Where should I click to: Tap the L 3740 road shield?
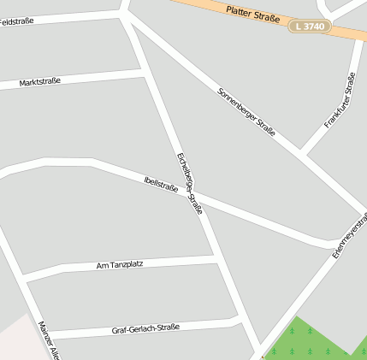309,27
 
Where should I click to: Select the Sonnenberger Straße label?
246,112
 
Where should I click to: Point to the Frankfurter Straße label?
340,102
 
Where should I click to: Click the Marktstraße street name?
39,82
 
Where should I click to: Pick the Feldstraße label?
17,21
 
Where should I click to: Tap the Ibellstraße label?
161,183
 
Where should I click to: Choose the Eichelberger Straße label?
189,183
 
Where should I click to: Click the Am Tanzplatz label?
120,265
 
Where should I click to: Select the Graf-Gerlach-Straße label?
145,328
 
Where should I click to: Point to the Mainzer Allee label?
49,340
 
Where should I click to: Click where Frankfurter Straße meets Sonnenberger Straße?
301,154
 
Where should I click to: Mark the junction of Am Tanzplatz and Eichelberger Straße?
216,256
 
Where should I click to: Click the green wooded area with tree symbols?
312,342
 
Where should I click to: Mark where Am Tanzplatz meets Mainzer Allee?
25,279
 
